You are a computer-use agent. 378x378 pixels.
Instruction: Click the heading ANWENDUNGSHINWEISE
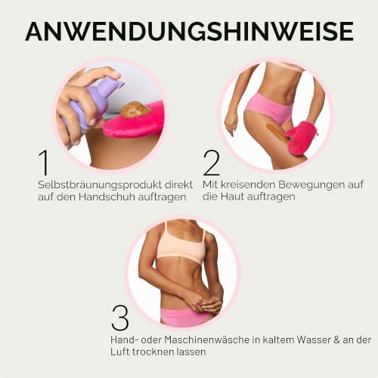(190, 31)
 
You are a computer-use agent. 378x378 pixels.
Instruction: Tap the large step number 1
(44, 163)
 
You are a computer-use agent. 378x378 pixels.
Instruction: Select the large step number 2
(211, 163)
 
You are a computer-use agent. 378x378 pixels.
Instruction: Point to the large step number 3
(120, 318)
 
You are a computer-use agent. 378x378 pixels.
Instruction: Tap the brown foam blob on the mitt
(135, 110)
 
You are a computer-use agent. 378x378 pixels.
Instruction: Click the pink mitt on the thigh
(301, 138)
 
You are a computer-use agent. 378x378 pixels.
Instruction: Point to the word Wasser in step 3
(313, 340)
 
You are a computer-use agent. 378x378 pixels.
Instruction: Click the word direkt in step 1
(178, 185)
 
